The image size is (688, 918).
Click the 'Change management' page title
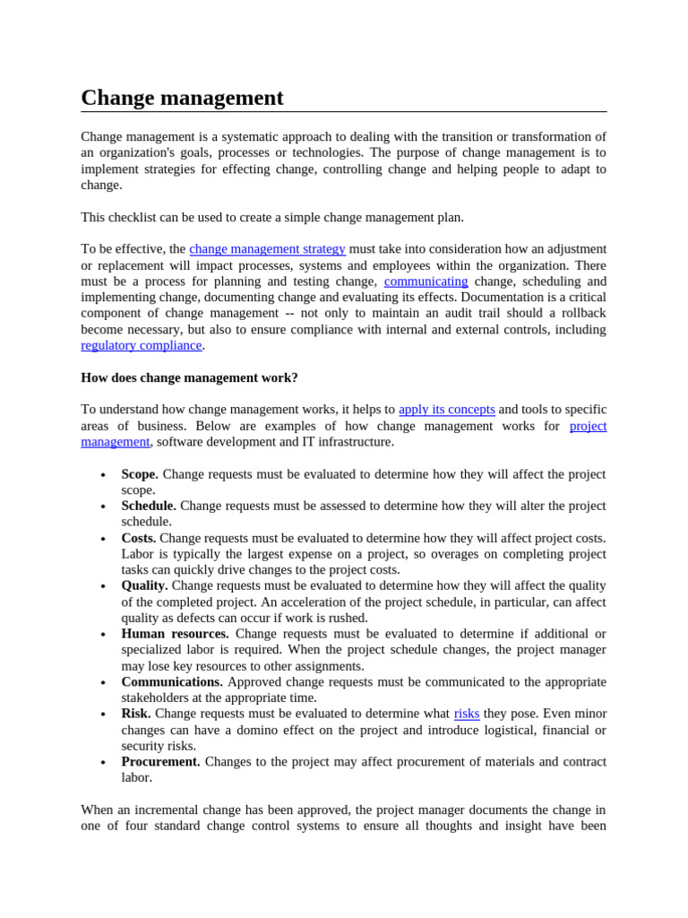(x=182, y=98)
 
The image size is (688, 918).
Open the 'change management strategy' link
(x=267, y=249)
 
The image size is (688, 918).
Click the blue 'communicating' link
(x=426, y=281)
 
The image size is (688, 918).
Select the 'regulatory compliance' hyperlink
(x=141, y=346)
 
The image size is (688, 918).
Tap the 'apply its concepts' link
(x=446, y=410)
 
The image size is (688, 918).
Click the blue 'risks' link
(x=467, y=714)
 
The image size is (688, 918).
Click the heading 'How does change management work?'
(x=189, y=378)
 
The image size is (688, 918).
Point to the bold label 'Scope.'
(x=140, y=474)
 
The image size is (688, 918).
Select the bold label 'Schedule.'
(x=149, y=507)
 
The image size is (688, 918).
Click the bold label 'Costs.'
(x=139, y=538)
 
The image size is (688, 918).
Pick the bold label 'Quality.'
(x=144, y=586)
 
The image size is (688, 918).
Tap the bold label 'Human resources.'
(x=175, y=634)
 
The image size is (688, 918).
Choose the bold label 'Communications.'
(x=172, y=682)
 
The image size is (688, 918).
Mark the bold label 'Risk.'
(x=136, y=714)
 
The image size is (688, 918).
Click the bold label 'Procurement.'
(x=161, y=762)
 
